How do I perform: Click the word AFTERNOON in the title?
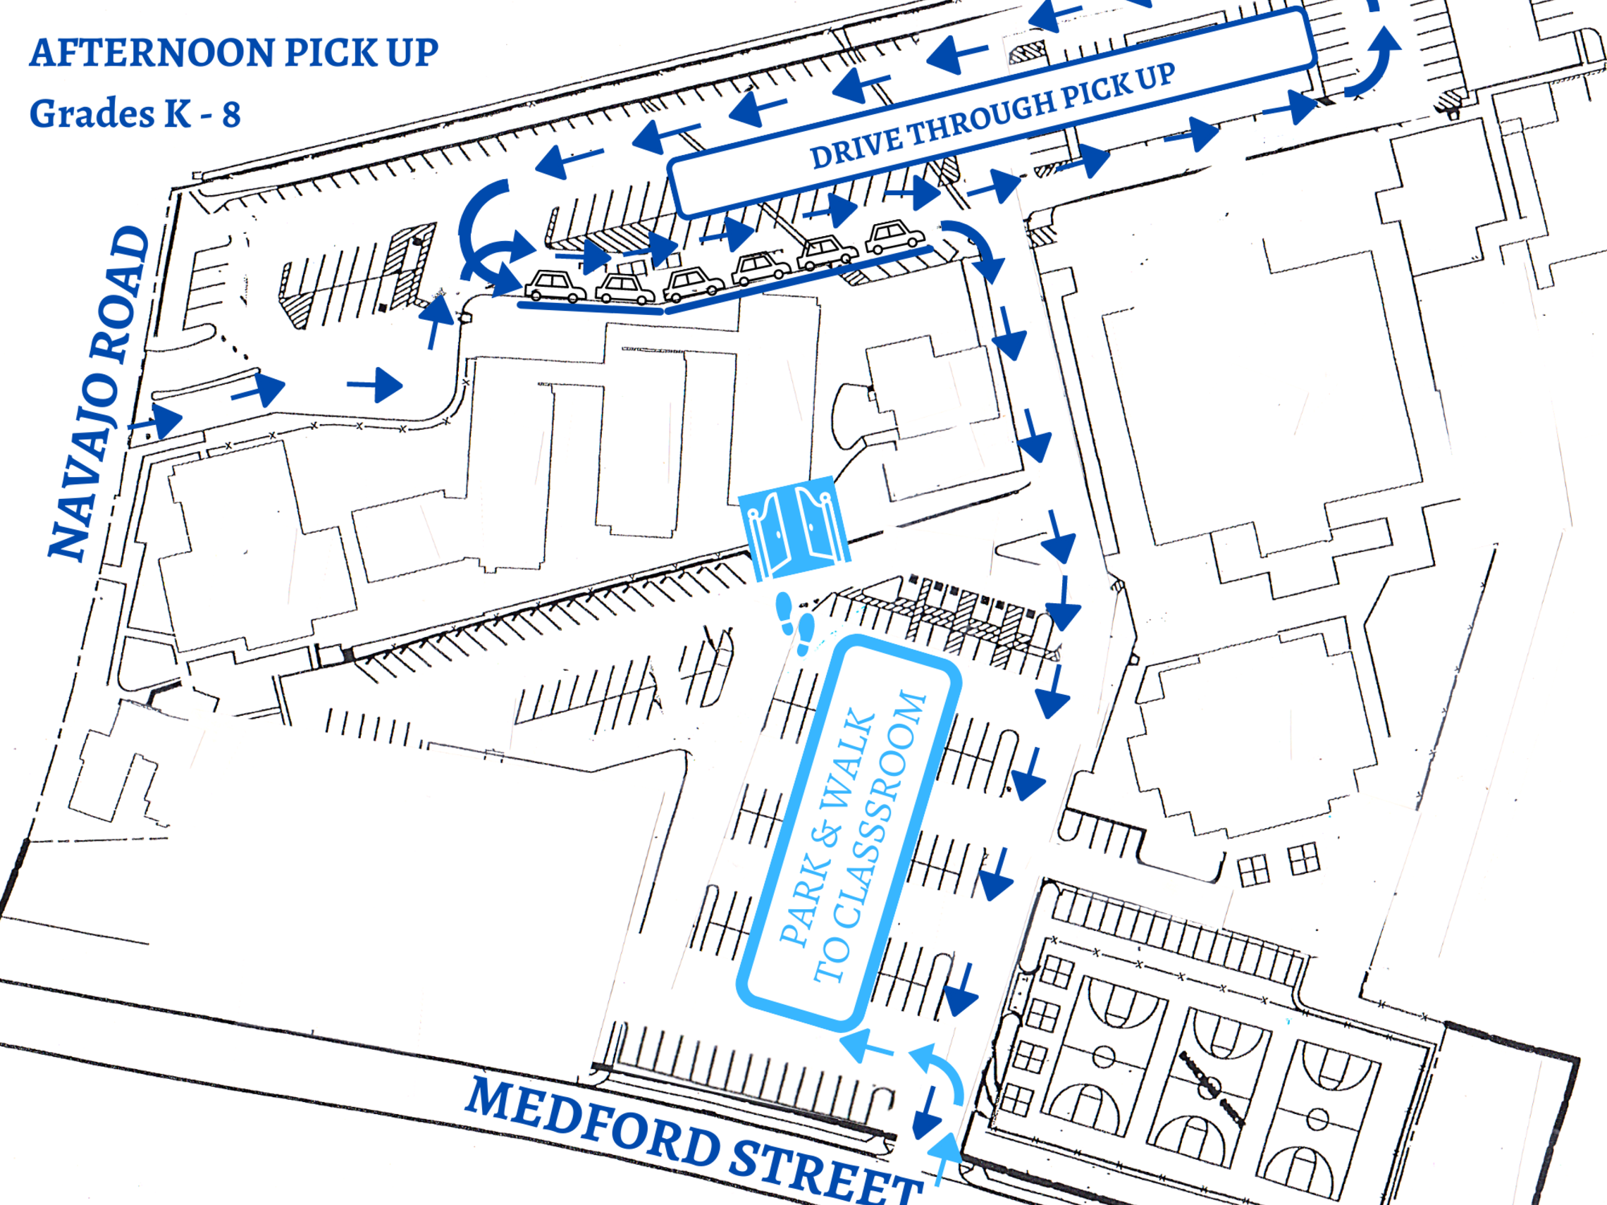(x=152, y=53)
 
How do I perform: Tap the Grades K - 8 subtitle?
(x=135, y=114)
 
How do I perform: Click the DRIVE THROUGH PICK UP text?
(x=992, y=116)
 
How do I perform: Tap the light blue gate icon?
(x=794, y=526)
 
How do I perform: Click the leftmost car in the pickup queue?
(x=555, y=285)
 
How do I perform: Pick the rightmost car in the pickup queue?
(x=895, y=237)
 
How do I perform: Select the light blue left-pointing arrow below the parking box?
(x=867, y=1046)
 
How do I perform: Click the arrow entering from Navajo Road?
(x=156, y=421)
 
